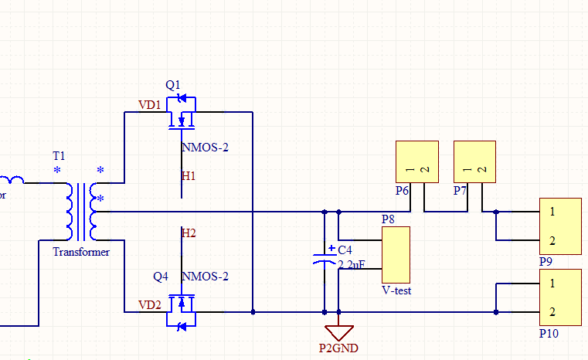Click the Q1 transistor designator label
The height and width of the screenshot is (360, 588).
[172, 84]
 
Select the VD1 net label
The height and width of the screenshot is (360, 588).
[149, 104]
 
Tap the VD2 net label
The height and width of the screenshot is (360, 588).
[149, 304]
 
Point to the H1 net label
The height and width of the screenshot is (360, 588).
[189, 176]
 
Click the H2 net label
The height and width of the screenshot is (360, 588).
[189, 233]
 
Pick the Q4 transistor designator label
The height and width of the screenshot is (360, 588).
[161, 277]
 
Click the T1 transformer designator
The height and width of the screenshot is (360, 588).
[59, 156]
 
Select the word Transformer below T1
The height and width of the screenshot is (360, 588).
[81, 252]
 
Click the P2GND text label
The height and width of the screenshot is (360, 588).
[338, 348]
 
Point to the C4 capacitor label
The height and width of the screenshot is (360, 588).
[345, 250]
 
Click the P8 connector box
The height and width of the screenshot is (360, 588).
[396, 254]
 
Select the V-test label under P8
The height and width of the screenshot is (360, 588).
[396, 290]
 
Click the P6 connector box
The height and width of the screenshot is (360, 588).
[416, 161]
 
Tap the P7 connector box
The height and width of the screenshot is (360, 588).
[474, 161]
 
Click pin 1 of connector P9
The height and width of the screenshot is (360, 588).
[553, 211]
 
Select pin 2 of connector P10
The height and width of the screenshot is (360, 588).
[553, 312]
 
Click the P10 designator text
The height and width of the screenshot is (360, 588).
[549, 334]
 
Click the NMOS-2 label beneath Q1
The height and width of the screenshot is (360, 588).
[205, 147]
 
